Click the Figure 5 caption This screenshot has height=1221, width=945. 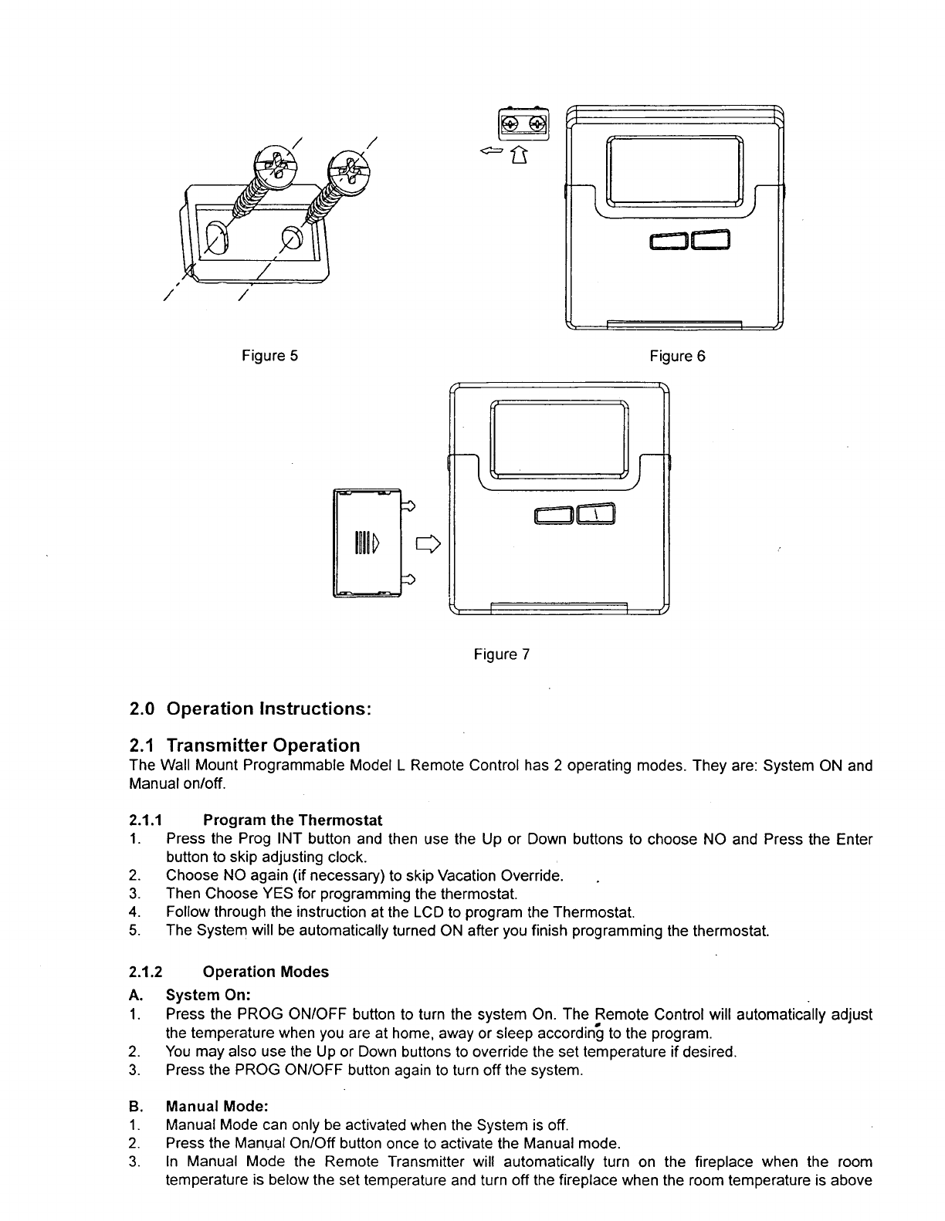269,356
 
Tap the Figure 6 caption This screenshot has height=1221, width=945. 677,356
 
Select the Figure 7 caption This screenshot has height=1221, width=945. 501,654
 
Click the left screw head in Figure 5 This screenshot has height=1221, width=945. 271,165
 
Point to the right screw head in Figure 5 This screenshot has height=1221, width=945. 348,167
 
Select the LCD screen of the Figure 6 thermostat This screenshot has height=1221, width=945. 675,171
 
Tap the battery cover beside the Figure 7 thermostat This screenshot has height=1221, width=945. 366,543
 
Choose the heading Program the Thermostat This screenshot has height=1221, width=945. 293,820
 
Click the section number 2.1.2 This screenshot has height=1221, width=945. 144,972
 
